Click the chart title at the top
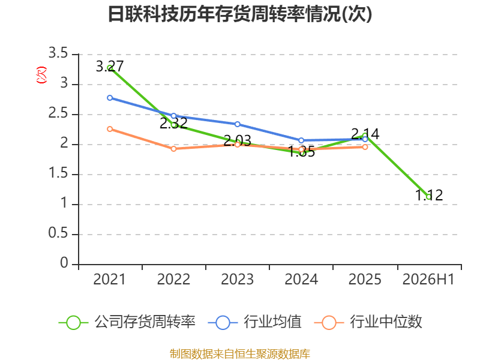pyautogui.click(x=240, y=14)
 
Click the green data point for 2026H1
pyautogui.click(x=428, y=197)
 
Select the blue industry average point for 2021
pyautogui.click(x=110, y=98)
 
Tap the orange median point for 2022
pyautogui.click(x=173, y=149)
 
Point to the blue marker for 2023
pyautogui.click(x=237, y=124)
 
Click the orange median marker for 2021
pyautogui.click(x=110, y=129)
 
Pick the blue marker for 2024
pyautogui.click(x=301, y=140)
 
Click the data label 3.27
pyautogui.click(x=110, y=67)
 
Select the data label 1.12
pyautogui.click(x=429, y=196)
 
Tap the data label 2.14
pyautogui.click(x=365, y=134)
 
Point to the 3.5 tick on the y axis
pyautogui.click(x=58, y=53)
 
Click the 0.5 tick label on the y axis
pyautogui.click(x=58, y=233)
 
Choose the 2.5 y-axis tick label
pyautogui.click(x=58, y=113)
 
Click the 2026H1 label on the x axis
pyautogui.click(x=428, y=280)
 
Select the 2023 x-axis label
pyautogui.click(x=237, y=280)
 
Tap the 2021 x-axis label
pyautogui.click(x=110, y=280)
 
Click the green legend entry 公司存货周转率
pyautogui.click(x=127, y=322)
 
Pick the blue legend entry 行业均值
pyautogui.click(x=254, y=322)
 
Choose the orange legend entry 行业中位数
pyautogui.click(x=368, y=322)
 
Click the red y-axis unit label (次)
pyautogui.click(x=41, y=75)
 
